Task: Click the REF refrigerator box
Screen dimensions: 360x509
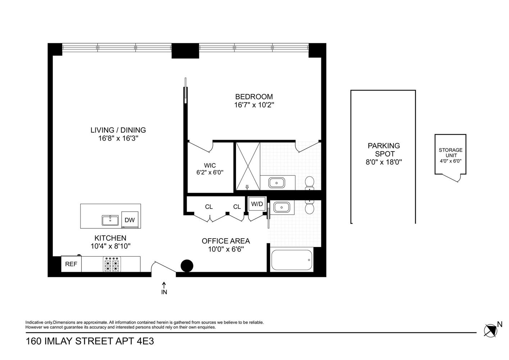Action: (x=71, y=264)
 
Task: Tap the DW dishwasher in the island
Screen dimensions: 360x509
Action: (x=129, y=220)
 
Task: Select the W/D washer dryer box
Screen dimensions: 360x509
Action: (x=257, y=204)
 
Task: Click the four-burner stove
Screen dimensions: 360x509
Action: (x=112, y=264)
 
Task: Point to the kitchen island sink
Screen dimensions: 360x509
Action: (x=110, y=220)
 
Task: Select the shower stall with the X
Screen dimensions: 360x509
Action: (x=247, y=166)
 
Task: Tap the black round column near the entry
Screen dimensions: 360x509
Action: (x=186, y=266)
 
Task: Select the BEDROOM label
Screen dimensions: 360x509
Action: (x=254, y=97)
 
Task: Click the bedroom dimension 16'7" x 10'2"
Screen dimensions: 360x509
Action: (x=254, y=105)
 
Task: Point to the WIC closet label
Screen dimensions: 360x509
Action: (x=210, y=166)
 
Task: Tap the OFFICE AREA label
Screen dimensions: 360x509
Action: (x=226, y=241)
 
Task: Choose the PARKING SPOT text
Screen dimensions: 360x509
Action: (x=383, y=150)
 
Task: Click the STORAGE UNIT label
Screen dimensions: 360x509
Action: (x=450, y=153)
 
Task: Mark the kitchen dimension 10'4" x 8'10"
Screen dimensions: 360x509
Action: (x=110, y=246)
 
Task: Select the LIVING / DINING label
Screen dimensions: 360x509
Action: (x=118, y=130)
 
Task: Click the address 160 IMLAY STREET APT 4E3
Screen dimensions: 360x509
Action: (x=90, y=341)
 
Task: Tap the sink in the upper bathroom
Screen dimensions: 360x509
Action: (x=277, y=183)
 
